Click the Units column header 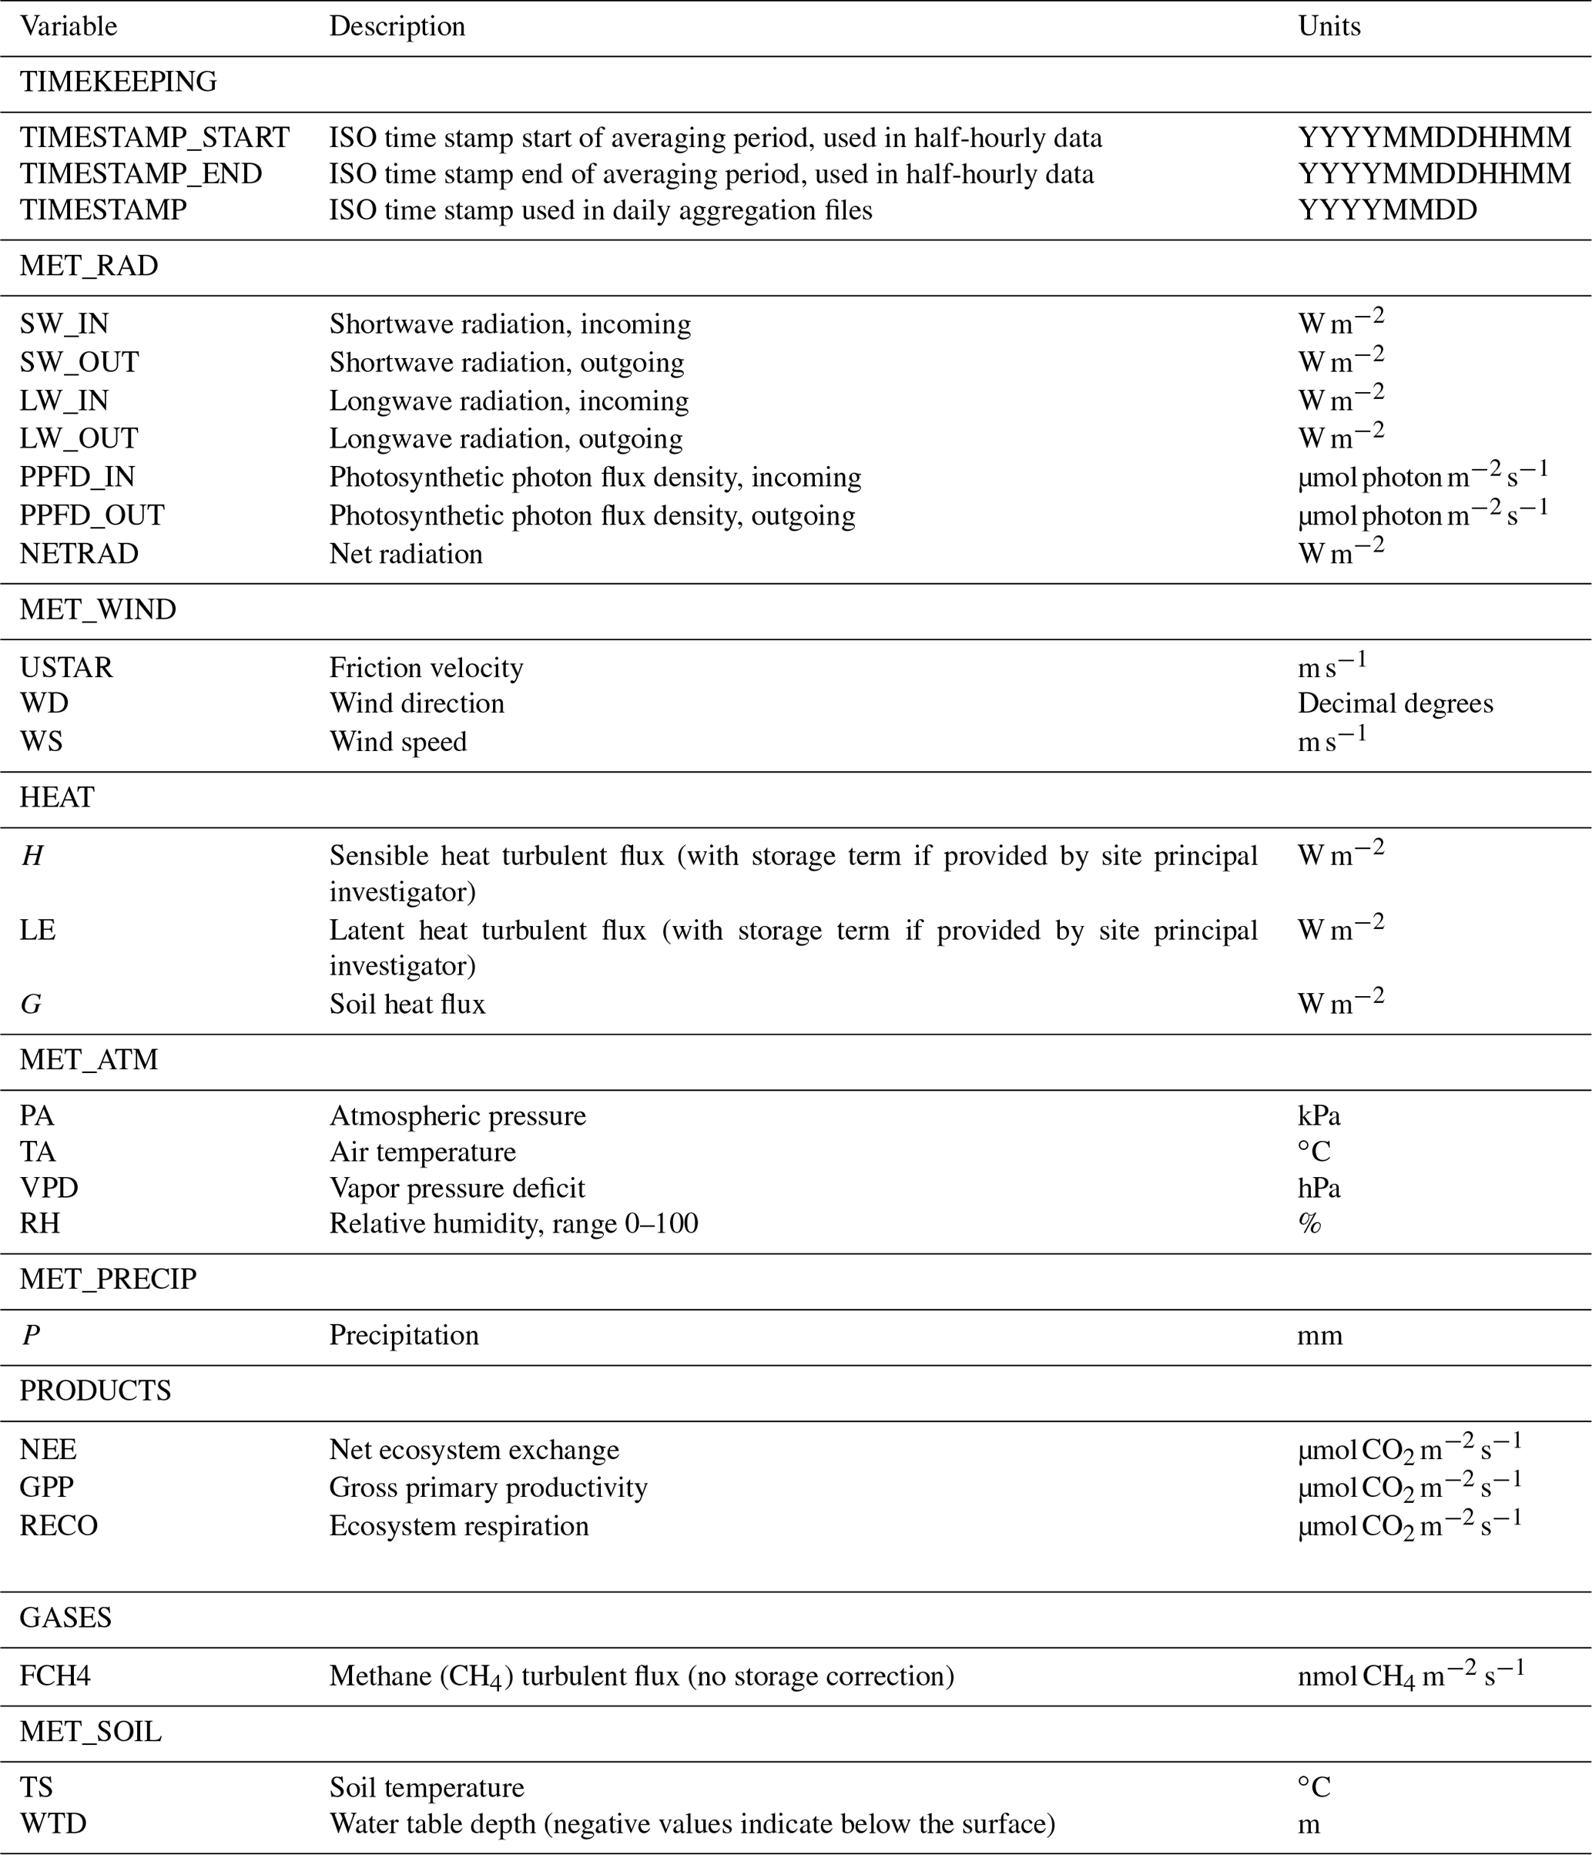coord(1328,26)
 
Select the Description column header coord(397,26)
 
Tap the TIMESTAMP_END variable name coord(140,173)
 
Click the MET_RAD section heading coord(89,266)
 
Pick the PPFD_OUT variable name coord(92,515)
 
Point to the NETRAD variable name coord(79,553)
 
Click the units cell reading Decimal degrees coord(1394,703)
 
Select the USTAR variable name coord(66,668)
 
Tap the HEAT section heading coord(56,797)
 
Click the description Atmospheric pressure coord(457,1115)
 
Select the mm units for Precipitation coord(1319,1335)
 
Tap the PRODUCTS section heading coord(95,1390)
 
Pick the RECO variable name coord(59,1525)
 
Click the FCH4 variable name coord(55,1676)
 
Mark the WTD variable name coord(53,1824)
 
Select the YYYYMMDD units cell coord(1386,210)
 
